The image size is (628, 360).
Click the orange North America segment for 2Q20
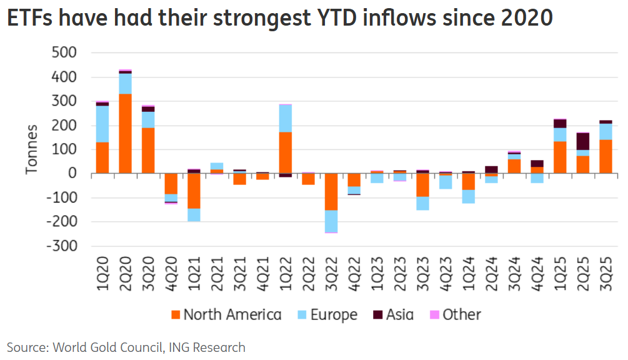point(125,134)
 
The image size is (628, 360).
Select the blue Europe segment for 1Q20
point(102,124)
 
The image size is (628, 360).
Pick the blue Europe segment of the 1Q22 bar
point(286,118)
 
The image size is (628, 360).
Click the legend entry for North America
point(226,314)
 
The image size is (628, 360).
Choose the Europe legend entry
point(327,314)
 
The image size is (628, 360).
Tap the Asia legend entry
point(392,314)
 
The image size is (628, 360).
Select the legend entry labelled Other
point(454,314)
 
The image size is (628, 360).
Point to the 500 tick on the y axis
point(63,53)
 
